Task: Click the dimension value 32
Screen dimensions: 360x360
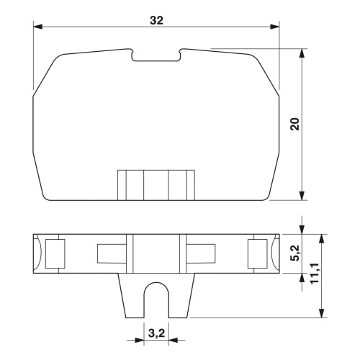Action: [156, 20]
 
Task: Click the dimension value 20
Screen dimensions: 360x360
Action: [295, 124]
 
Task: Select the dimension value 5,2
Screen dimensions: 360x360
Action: [295, 253]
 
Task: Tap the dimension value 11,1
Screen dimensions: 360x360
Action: [315, 274]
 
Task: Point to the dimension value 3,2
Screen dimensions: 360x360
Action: [157, 333]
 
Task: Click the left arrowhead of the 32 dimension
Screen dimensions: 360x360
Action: [37, 27]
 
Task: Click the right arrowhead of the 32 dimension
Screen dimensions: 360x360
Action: [274, 27]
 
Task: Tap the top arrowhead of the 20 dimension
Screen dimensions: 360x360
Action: [302, 53]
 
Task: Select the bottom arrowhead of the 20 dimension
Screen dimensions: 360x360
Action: [302, 195]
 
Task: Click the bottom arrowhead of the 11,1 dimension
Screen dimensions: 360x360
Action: [321, 313]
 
